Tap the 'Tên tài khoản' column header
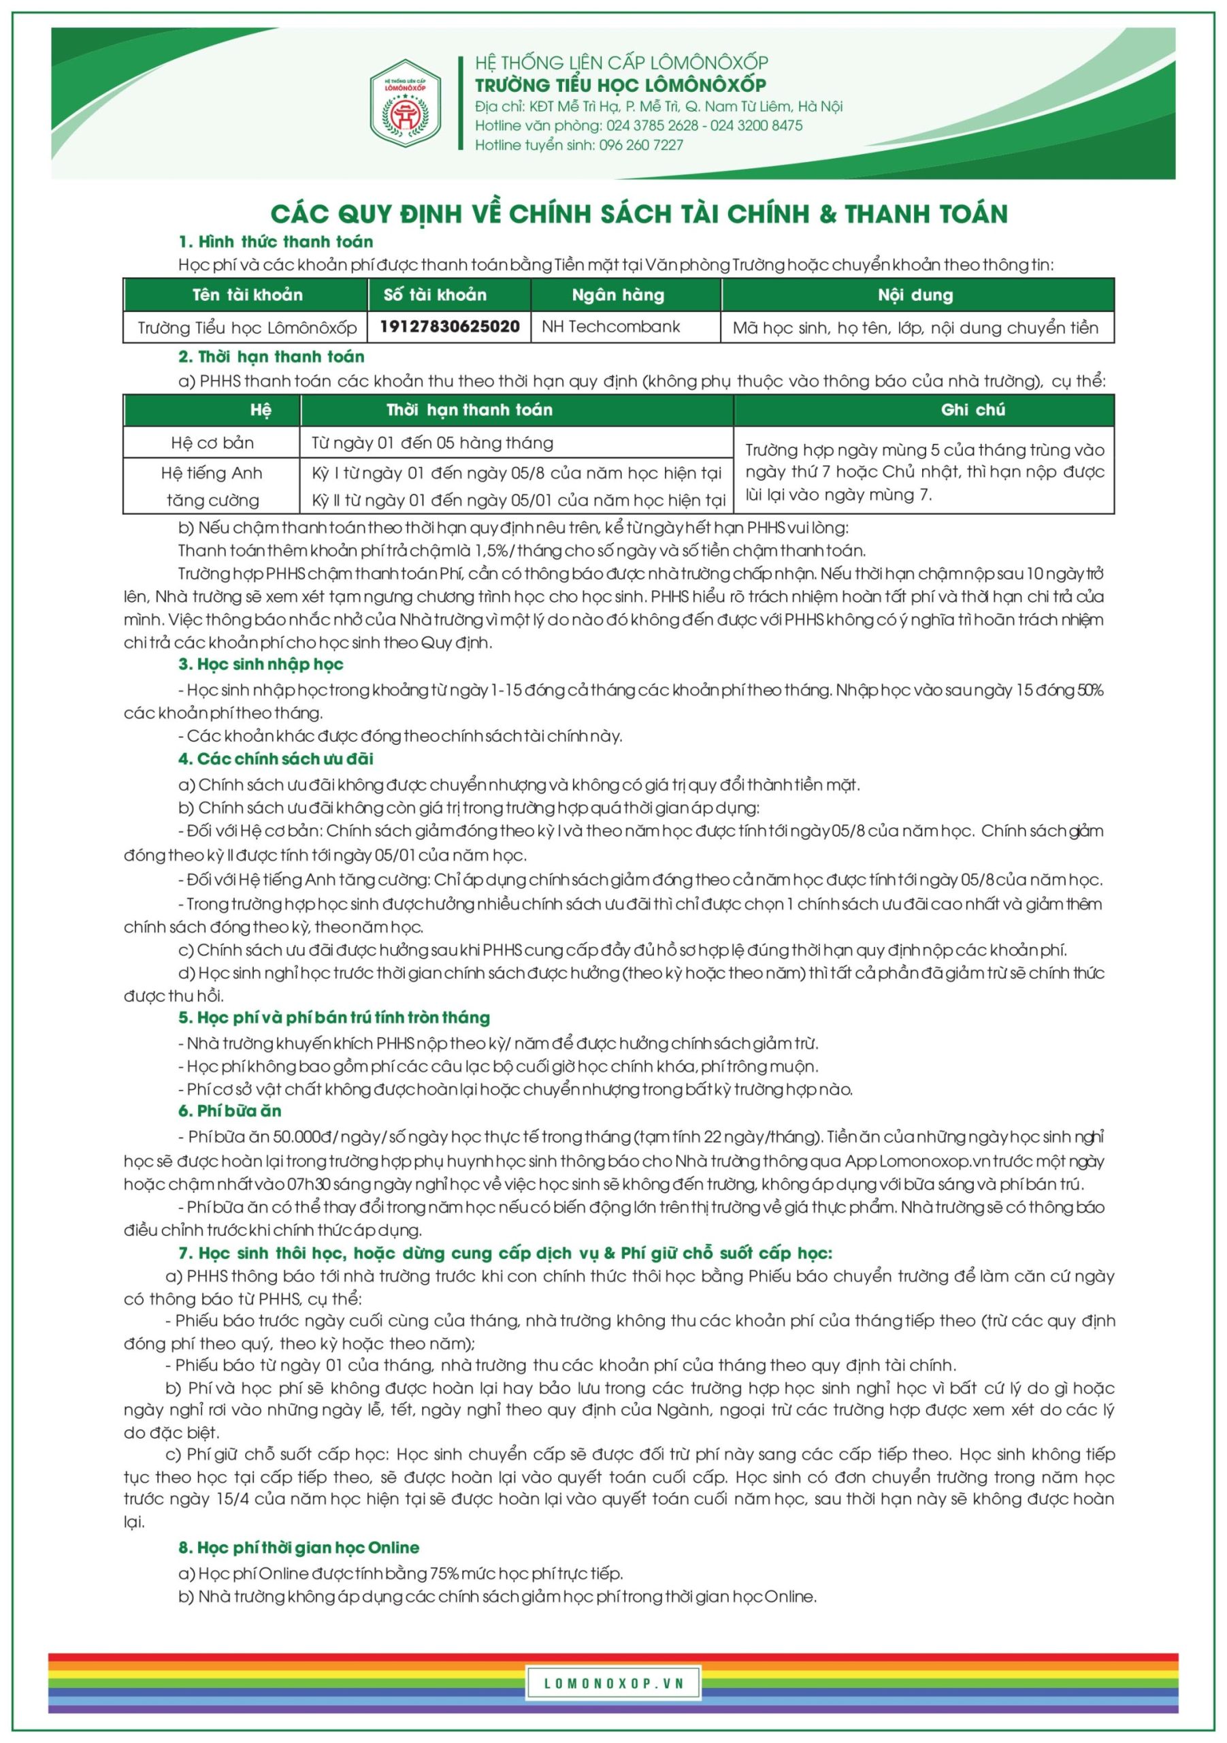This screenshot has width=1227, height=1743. coord(247,295)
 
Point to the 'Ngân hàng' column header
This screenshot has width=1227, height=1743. coord(618,295)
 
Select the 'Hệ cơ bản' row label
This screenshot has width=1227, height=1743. coord(212,443)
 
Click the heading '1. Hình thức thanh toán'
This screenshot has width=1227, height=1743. coord(276,242)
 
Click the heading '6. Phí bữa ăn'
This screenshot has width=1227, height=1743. coord(229,1110)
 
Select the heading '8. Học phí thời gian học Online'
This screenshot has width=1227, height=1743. coord(298,1547)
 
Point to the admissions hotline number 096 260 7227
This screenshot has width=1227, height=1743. coord(641,145)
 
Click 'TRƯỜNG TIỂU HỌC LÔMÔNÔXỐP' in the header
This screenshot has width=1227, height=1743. coord(620,84)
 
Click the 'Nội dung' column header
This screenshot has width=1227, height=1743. coord(915,295)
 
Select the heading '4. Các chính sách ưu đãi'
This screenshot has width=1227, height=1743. coord(276,759)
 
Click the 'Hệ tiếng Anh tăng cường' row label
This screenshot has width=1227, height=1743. coord(212,486)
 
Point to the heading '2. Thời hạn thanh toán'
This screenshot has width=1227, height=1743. coord(271,357)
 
